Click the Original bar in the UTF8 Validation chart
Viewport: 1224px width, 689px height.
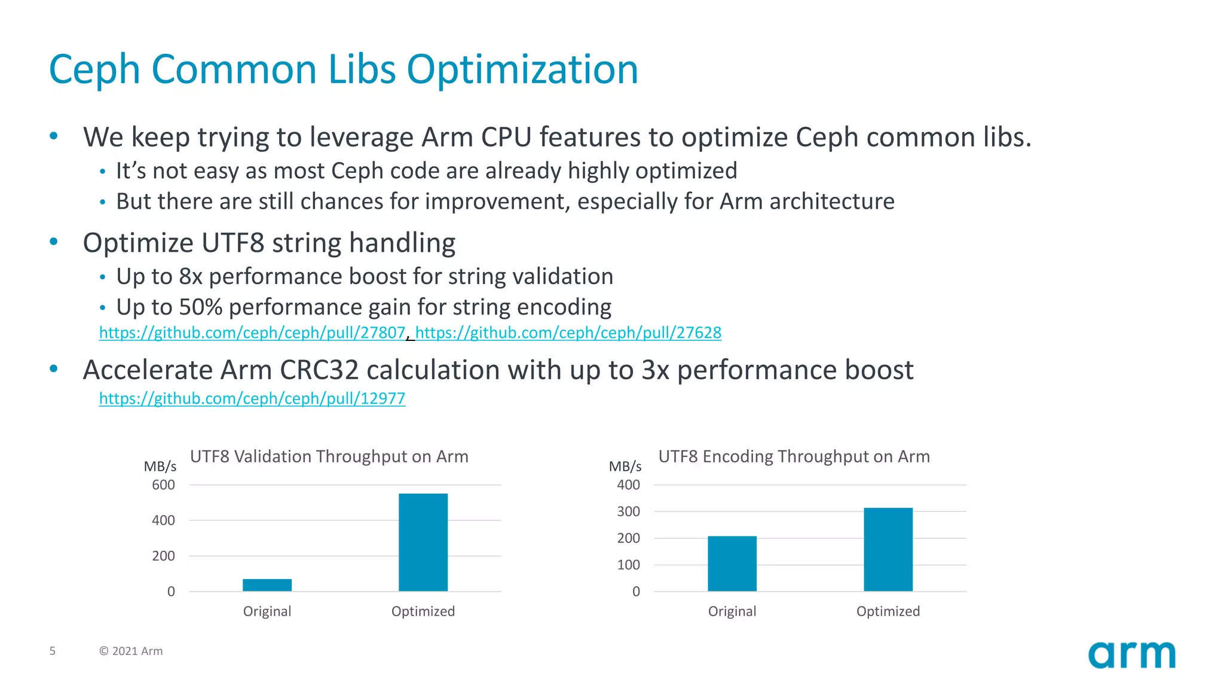(x=267, y=585)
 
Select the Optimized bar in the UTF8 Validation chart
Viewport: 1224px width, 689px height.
(x=423, y=542)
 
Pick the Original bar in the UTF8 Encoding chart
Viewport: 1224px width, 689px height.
(x=732, y=563)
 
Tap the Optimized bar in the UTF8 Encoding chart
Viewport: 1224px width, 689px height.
(x=888, y=549)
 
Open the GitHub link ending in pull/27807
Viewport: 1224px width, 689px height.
(x=252, y=333)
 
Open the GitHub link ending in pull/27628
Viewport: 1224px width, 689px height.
(x=568, y=333)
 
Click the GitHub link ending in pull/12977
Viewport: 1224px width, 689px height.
(x=252, y=398)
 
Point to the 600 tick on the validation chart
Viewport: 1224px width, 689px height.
(x=163, y=485)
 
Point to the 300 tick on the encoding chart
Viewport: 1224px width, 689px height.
(x=628, y=511)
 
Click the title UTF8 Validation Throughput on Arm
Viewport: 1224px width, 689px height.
(x=329, y=456)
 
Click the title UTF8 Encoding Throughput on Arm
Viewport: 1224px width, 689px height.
(x=794, y=456)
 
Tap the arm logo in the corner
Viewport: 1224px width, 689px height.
(x=1131, y=655)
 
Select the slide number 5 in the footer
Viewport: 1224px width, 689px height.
(x=53, y=651)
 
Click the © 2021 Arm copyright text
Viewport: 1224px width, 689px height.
(x=131, y=651)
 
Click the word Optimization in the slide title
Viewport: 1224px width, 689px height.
(x=522, y=69)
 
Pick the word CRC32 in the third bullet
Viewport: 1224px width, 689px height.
(x=319, y=370)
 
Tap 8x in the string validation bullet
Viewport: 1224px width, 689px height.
(x=191, y=276)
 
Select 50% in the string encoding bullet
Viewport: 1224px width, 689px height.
(x=201, y=307)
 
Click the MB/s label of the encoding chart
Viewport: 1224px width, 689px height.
(x=625, y=467)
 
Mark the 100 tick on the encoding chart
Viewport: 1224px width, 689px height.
(x=628, y=565)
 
